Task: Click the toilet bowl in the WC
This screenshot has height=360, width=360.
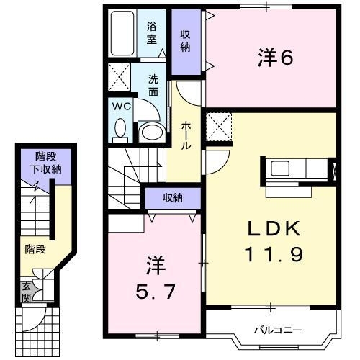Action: (x=120, y=127)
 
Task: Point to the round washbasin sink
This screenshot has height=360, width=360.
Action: (x=150, y=130)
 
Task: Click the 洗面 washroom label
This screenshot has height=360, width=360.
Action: (x=153, y=86)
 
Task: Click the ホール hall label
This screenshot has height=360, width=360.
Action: (x=186, y=135)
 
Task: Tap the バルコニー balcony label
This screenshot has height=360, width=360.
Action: (x=277, y=331)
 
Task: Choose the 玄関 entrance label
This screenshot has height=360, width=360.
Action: (x=25, y=291)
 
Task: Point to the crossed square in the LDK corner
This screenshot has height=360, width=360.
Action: (x=219, y=127)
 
